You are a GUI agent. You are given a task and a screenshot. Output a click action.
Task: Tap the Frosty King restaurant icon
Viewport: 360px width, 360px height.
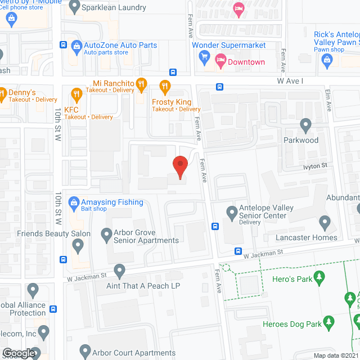click(x=165, y=87)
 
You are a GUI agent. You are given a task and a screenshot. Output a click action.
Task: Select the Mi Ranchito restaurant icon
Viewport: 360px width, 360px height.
click(x=141, y=85)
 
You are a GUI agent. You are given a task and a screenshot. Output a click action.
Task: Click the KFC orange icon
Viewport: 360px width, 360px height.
click(x=73, y=93)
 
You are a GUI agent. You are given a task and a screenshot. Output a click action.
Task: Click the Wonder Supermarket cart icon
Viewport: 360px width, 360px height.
click(x=205, y=57)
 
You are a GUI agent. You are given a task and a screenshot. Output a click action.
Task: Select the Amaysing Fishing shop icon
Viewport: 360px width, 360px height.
click(x=74, y=202)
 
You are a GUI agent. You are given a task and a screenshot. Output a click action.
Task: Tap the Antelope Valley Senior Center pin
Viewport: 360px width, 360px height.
click(x=231, y=213)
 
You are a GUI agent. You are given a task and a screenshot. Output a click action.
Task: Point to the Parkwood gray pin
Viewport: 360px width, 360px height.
click(x=305, y=125)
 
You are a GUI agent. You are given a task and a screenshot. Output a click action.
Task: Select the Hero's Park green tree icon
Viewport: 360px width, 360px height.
click(x=319, y=277)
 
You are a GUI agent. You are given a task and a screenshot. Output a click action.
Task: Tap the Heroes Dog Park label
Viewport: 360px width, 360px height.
click(x=292, y=324)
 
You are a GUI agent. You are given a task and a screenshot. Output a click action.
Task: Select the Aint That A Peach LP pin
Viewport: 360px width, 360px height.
click(x=119, y=271)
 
